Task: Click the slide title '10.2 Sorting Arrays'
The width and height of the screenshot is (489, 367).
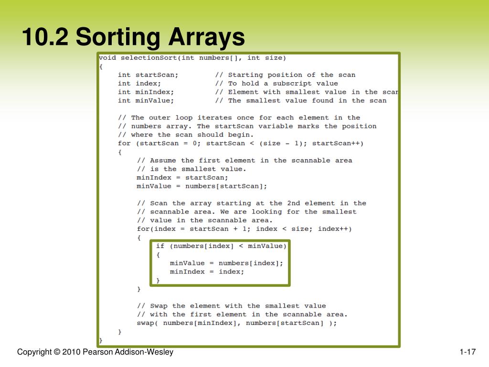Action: tap(133, 37)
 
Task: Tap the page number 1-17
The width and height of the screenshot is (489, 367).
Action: tap(468, 353)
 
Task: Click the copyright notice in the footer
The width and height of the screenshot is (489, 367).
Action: tap(95, 353)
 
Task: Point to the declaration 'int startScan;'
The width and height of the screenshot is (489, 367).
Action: tap(148, 75)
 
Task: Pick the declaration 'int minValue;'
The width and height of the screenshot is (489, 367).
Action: tap(146, 101)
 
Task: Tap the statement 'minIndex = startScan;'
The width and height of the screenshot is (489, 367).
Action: tap(182, 178)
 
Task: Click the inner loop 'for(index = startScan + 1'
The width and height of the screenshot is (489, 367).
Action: tap(244, 229)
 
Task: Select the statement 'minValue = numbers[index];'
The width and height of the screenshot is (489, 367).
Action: tap(226, 263)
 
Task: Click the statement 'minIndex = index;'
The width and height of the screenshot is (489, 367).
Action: tap(207, 272)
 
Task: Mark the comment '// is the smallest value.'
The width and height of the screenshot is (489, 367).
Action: tap(191, 169)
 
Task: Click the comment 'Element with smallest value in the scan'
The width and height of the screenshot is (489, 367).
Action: tap(313, 92)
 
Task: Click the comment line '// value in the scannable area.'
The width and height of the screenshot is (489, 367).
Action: tap(205, 220)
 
